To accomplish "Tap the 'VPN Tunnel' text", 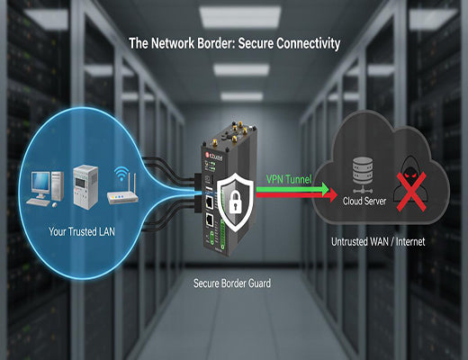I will pyautogui.click(x=288, y=179).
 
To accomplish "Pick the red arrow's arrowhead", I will pyautogui.click(x=333, y=193).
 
